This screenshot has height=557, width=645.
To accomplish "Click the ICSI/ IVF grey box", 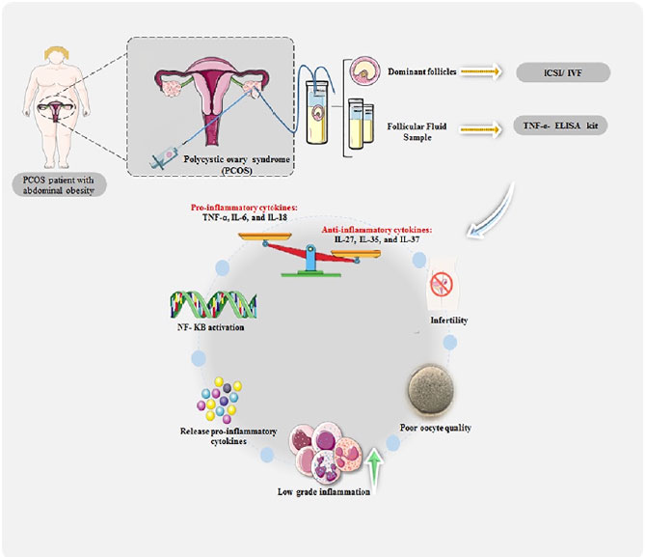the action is click(x=563, y=72).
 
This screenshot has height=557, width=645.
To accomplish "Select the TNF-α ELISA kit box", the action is click(x=560, y=125).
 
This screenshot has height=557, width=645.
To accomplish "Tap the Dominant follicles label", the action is click(x=422, y=71).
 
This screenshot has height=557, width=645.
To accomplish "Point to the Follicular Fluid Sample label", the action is click(x=417, y=132).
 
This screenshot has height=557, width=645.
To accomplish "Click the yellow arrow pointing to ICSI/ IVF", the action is click(x=481, y=71).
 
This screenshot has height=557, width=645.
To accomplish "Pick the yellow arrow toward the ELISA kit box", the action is click(x=481, y=129).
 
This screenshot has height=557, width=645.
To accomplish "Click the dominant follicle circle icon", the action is click(x=364, y=70).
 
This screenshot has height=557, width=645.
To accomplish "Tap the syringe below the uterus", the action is click(x=165, y=157).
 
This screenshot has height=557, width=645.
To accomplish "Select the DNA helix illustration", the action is click(x=213, y=304).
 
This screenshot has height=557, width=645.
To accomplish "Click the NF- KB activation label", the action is click(x=210, y=327).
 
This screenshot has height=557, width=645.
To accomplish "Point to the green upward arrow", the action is click(x=374, y=472).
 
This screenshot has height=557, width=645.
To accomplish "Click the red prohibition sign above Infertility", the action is click(x=442, y=284).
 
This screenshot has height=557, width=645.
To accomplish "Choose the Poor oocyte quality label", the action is click(x=435, y=428).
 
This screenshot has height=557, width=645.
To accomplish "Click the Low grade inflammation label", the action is click(x=324, y=491).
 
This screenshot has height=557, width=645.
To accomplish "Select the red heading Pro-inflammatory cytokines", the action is click(x=244, y=208).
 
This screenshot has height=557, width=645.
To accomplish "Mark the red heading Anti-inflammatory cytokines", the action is click(x=377, y=230).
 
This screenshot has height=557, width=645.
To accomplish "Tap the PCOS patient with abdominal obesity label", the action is click(x=59, y=185).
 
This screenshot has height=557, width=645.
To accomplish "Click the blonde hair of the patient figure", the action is click(x=57, y=52).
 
